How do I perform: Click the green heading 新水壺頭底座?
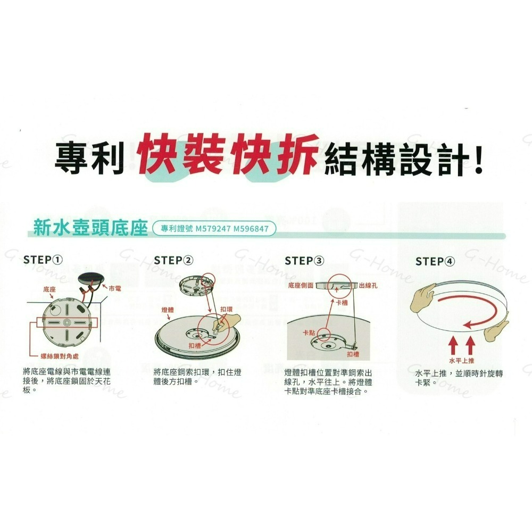(89, 229)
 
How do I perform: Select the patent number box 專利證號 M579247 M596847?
(214, 229)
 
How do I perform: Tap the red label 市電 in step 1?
(114, 288)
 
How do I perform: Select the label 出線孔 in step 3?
(369, 286)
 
